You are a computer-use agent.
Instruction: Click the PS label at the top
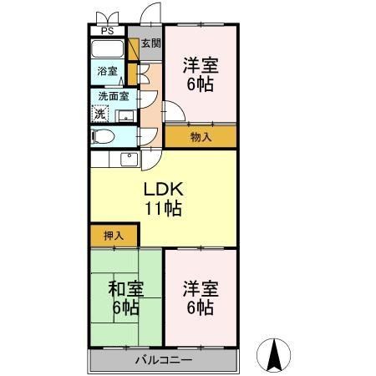point(107,32)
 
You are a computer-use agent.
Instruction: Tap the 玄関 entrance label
point(150,44)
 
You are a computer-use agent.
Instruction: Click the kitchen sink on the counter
point(129,160)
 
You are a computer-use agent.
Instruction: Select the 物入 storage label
point(201,135)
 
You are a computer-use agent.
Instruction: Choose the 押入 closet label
point(113,236)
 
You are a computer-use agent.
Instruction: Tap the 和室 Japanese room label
point(126,290)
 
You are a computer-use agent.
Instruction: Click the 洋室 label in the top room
point(201,64)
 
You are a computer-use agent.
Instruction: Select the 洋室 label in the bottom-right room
point(201,290)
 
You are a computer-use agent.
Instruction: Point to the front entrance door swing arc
point(151,15)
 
